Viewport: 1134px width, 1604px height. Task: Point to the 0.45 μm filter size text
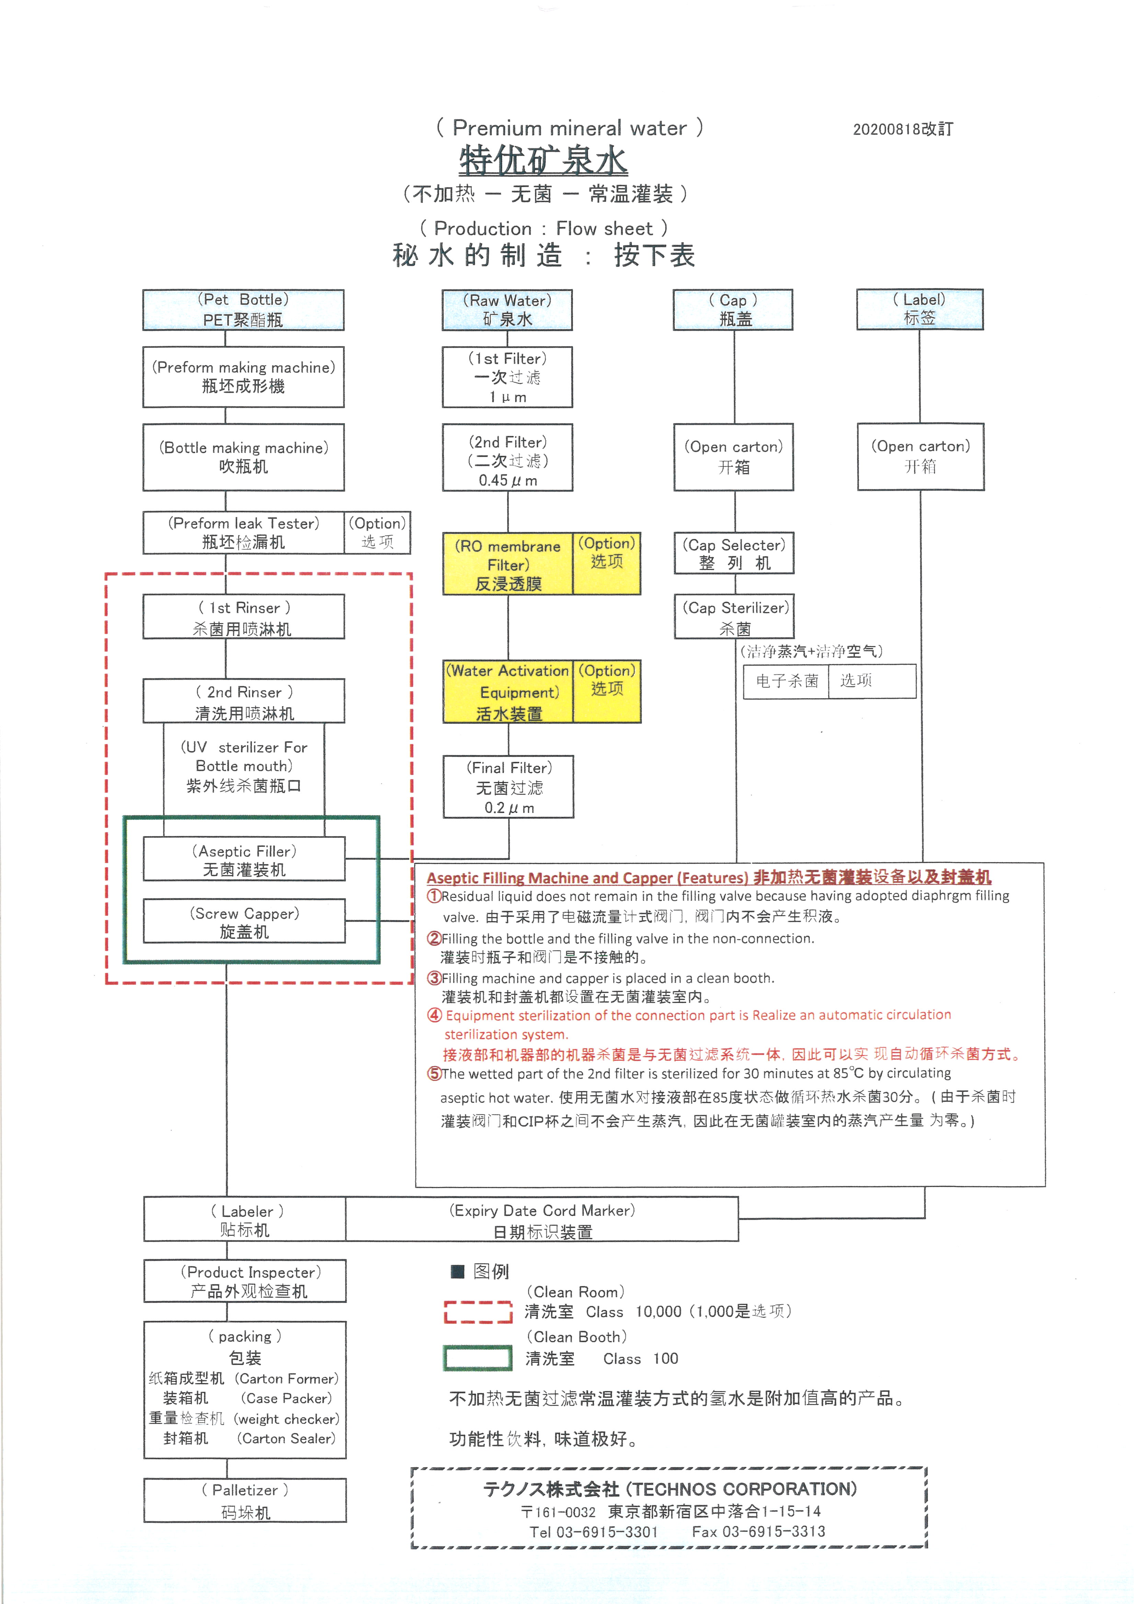pos(508,481)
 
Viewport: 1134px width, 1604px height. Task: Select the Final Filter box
pos(508,787)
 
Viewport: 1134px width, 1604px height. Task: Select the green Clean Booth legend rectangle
pos(478,1358)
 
